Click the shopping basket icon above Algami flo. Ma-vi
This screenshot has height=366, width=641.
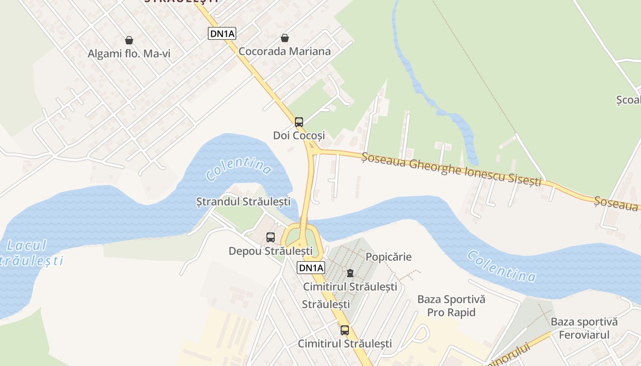[129, 40]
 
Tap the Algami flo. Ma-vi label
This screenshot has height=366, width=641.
[129, 54]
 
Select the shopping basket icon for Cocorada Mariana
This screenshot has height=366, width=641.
[285, 38]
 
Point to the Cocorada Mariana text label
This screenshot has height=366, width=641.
[285, 51]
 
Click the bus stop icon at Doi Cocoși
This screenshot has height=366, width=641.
[299, 122]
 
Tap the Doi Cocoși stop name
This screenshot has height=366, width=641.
[299, 135]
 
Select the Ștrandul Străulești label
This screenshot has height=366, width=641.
[243, 201]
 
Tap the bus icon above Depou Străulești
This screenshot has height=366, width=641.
[271, 237]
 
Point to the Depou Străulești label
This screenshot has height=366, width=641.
[271, 251]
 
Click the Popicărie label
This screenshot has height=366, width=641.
[389, 257]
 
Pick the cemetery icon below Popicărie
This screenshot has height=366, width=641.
[350, 273]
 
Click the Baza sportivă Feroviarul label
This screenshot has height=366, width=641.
[584, 328]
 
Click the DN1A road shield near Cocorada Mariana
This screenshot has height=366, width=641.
[222, 33]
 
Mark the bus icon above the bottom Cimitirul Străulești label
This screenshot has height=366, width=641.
[345, 330]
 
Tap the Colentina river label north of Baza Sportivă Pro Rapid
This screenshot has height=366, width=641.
[501, 266]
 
